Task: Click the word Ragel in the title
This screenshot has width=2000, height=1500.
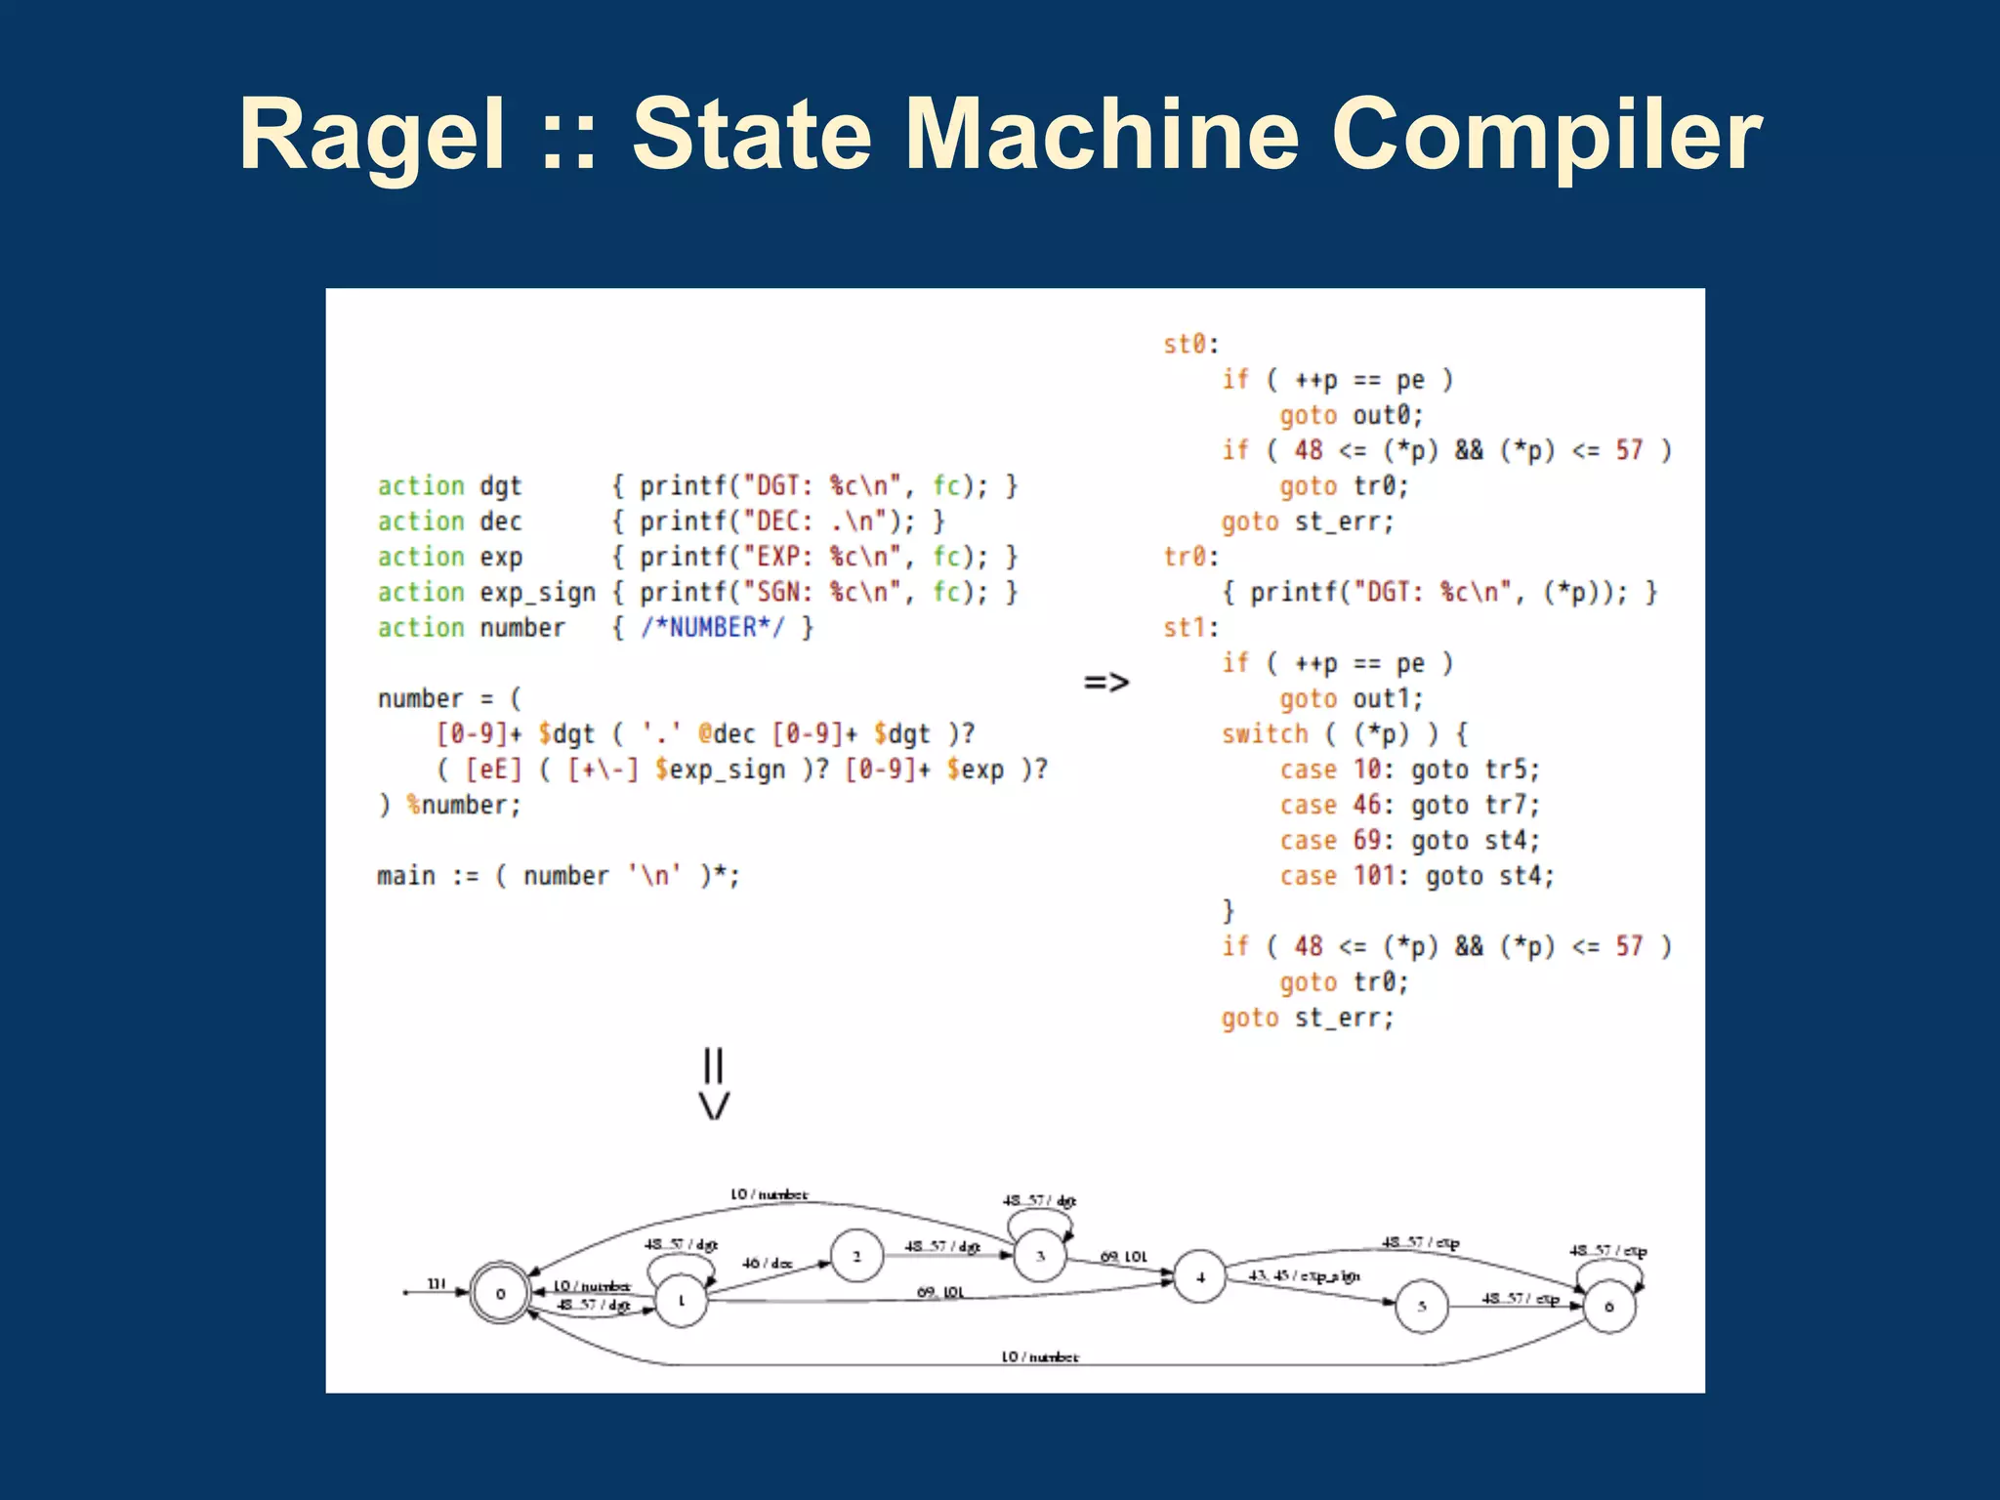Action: [372, 135]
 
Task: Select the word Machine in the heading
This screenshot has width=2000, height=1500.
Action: [1103, 135]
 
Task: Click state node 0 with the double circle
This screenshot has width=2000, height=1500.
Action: [500, 1294]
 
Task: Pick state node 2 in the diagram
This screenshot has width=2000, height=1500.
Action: [856, 1256]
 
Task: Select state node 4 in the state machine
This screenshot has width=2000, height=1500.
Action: [1200, 1276]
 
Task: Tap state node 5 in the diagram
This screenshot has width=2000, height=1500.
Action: [1422, 1306]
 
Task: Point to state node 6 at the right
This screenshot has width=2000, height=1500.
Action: [1609, 1306]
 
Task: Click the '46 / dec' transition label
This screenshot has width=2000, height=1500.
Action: [767, 1263]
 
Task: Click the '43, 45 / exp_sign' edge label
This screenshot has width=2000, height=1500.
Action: [1304, 1275]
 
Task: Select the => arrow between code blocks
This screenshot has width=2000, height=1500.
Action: [1105, 682]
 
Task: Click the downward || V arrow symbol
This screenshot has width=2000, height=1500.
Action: [714, 1083]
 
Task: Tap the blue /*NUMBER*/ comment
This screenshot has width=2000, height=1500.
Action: [712, 627]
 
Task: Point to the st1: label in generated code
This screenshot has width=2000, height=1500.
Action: [1190, 627]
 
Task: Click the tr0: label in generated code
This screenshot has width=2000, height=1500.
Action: [1190, 557]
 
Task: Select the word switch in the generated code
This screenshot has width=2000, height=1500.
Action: [1265, 733]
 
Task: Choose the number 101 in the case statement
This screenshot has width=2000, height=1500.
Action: [1374, 875]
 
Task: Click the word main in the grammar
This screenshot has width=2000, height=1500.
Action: [406, 875]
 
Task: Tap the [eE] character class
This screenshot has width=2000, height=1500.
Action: [493, 770]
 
